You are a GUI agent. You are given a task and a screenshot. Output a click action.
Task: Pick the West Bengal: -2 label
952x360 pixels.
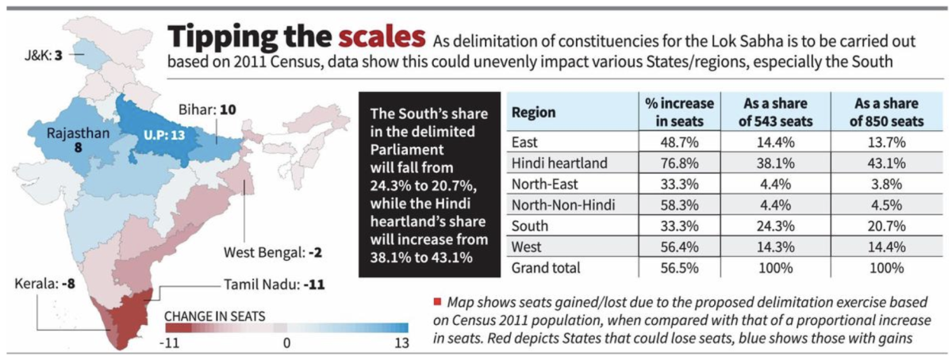click(x=272, y=254)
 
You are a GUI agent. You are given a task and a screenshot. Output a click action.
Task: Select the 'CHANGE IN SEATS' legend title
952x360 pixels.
click(x=215, y=316)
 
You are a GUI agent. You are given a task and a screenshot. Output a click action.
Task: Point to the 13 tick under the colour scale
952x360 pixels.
click(x=401, y=343)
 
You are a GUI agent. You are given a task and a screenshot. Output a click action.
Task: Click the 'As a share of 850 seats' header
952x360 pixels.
click(x=877, y=112)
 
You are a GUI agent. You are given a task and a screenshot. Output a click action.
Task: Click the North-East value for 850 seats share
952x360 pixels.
click(x=877, y=184)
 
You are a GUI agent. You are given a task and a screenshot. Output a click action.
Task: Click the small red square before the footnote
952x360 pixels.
click(x=436, y=303)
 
